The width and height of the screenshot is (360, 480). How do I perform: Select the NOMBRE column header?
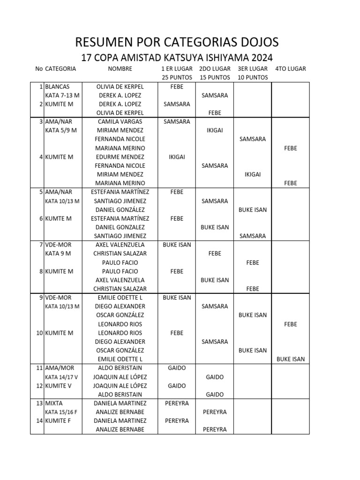120,68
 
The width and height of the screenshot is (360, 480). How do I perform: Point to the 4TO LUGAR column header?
291,68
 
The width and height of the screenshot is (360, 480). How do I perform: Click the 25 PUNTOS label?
177,77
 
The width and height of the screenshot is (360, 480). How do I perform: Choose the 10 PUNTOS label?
253,77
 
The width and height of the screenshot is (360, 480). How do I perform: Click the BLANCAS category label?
57,87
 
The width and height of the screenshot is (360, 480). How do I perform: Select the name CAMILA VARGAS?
120,121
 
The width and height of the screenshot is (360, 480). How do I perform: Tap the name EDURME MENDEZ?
120,157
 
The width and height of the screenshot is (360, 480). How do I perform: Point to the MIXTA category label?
54,403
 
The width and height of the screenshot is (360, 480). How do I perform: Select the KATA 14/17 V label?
62,377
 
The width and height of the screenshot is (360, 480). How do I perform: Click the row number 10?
39,333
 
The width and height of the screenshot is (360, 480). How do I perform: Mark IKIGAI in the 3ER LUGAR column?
253,174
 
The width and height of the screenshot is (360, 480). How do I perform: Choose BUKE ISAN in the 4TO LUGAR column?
291,360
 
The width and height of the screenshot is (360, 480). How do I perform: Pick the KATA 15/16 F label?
62,412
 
